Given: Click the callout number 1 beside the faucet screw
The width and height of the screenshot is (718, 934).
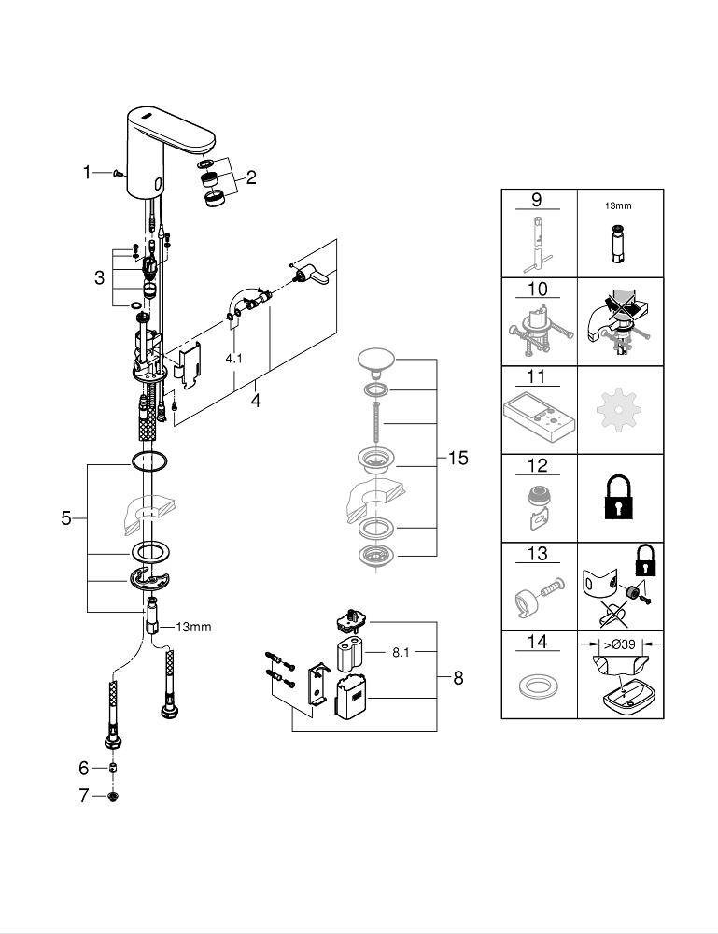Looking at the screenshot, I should [88, 172].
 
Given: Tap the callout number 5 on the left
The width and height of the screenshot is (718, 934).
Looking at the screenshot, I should [66, 517].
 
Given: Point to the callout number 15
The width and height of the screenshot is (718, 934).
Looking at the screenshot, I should [458, 459].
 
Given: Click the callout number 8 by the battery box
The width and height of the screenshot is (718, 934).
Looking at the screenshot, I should [458, 678].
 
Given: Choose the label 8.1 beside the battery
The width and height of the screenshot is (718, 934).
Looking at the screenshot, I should [401, 652].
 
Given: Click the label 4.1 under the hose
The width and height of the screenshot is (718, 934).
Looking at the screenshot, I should [233, 358].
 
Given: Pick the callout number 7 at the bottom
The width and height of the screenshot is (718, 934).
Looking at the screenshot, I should [83, 796].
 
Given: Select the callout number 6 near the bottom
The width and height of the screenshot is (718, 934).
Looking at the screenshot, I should [83, 768].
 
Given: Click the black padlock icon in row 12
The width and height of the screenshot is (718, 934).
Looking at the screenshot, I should [620, 499].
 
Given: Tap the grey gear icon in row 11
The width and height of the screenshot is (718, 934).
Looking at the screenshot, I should [620, 410].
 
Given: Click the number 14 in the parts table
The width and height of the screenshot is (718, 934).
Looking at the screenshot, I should [538, 643].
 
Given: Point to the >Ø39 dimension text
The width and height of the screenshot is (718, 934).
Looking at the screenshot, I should [620, 643].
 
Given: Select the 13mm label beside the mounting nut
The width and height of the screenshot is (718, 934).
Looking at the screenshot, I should [193, 627].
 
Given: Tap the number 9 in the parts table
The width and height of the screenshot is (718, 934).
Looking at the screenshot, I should [538, 201].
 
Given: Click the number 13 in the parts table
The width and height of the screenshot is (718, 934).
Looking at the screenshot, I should [538, 555].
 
